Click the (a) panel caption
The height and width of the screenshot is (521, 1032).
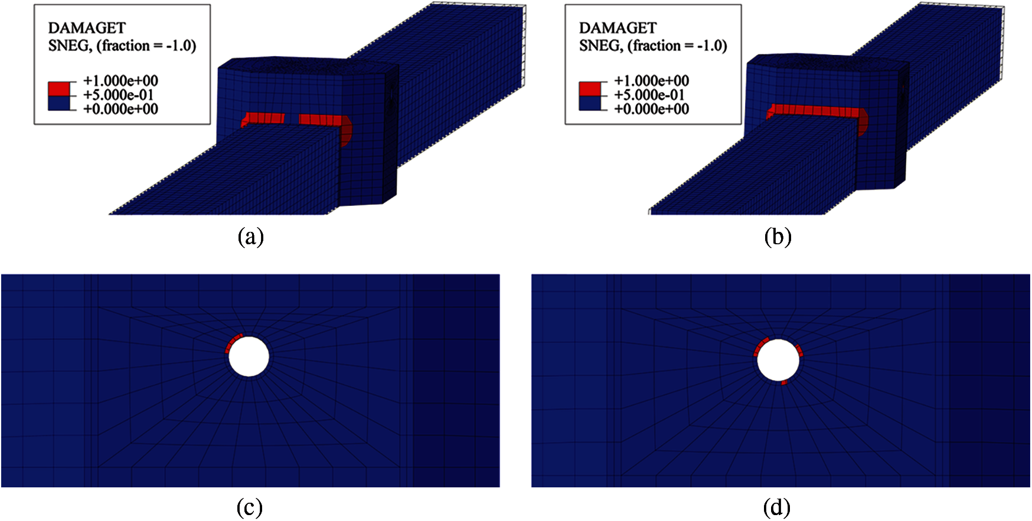tap(250, 237)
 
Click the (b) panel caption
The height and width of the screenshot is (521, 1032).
tap(778, 237)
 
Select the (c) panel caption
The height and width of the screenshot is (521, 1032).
tap(250, 508)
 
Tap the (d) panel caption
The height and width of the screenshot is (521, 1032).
tap(777, 508)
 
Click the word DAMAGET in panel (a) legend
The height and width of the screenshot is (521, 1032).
tap(87, 28)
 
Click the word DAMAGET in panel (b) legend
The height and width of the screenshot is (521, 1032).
tap(618, 28)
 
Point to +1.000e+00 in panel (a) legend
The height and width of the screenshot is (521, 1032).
tap(121, 81)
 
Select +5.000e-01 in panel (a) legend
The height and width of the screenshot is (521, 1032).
tap(119, 95)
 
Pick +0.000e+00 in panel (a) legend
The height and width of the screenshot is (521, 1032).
tap(121, 109)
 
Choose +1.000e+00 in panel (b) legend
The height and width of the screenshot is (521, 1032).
tap(652, 81)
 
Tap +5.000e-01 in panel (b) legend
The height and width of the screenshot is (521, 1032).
tap(649, 95)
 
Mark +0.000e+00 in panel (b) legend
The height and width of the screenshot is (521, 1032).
tap(652, 109)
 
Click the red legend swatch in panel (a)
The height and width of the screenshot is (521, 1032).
tap(59, 89)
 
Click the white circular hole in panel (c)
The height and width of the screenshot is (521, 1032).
tap(249, 356)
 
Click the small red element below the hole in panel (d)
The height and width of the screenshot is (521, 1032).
tap(784, 383)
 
